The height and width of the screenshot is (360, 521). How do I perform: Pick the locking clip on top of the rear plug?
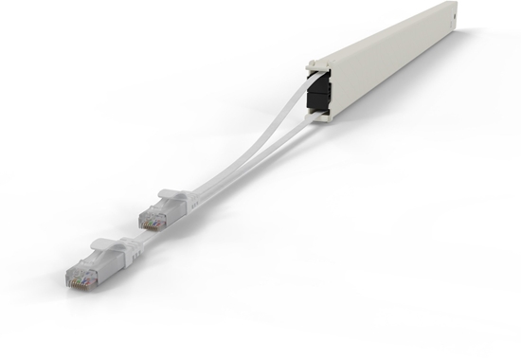[171, 195]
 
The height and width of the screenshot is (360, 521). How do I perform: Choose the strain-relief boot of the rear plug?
[189, 199]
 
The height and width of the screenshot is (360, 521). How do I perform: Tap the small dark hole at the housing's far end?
[452, 16]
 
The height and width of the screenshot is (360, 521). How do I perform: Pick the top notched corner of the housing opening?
[312, 64]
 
